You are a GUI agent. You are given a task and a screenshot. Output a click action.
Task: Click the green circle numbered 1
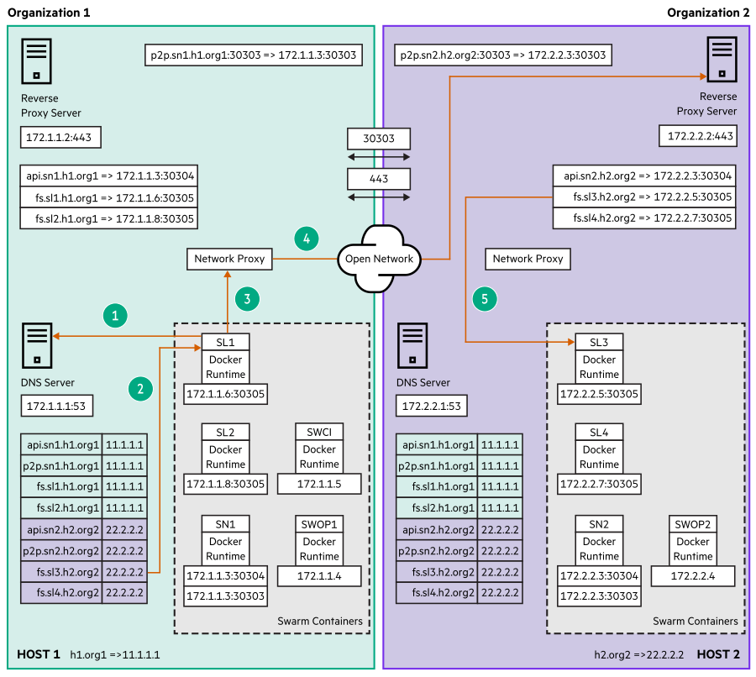(x=115, y=315)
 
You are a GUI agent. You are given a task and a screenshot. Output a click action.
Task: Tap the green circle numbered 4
(x=307, y=239)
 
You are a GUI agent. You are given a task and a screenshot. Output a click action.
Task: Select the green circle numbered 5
(x=484, y=297)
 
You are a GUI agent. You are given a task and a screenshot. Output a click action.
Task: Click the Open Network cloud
(x=379, y=259)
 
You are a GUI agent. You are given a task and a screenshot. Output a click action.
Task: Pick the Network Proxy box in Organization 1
(x=229, y=259)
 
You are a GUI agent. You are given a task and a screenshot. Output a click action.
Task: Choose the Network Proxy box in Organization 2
(x=528, y=259)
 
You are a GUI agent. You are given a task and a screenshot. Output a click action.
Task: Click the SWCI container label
(x=319, y=432)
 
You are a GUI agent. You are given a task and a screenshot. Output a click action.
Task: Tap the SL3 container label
(x=599, y=343)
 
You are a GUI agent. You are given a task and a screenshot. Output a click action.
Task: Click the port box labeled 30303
(x=379, y=138)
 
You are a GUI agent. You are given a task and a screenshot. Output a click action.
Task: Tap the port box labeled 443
(x=379, y=178)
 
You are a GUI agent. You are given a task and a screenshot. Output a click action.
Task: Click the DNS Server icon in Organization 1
(x=35, y=344)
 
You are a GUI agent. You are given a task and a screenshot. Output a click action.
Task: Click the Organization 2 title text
(x=707, y=12)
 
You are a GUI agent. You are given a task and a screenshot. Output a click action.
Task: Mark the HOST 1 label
(x=39, y=653)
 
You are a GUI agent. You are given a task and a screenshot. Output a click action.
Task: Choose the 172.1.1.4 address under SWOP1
(x=319, y=576)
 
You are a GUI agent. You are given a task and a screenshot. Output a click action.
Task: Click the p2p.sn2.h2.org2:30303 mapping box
(x=501, y=55)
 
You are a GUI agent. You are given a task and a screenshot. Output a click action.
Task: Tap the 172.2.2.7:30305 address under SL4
(x=599, y=484)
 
